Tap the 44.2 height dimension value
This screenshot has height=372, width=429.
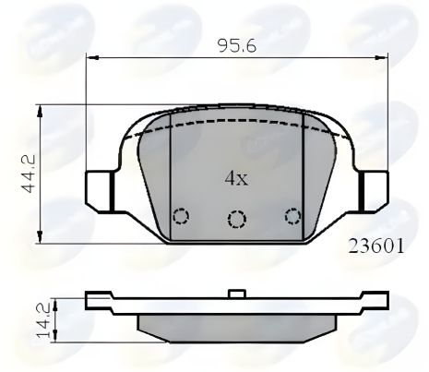(30, 174)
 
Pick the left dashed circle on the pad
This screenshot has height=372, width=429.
(181, 216)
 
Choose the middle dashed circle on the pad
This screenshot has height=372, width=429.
(237, 219)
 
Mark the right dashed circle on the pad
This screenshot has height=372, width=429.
(293, 216)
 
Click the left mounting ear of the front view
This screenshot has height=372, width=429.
(97, 190)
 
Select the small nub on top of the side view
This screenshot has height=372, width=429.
(237, 294)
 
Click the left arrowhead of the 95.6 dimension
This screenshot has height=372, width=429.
(91, 58)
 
